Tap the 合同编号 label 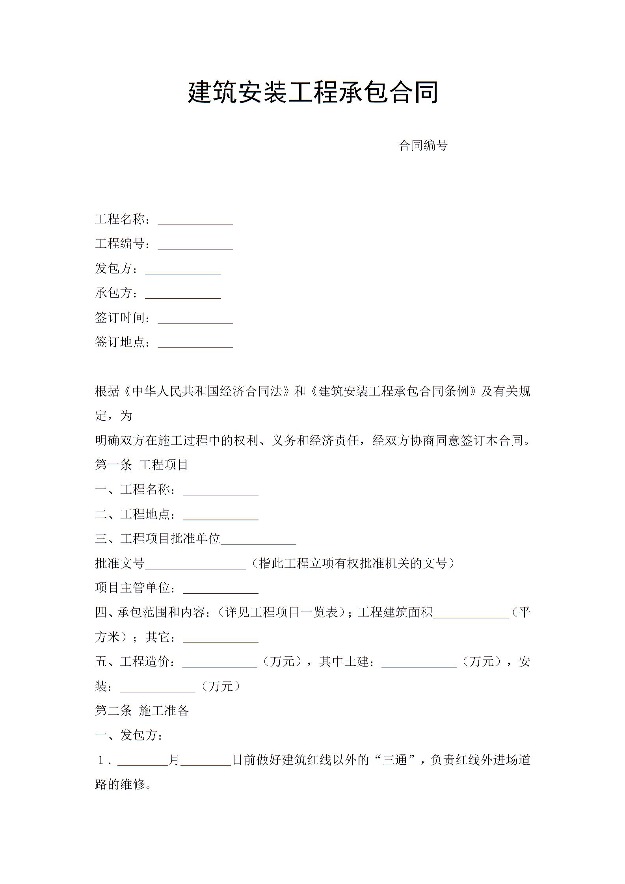[x=423, y=145]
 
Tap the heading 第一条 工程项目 [x=142, y=465]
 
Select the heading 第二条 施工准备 [x=142, y=711]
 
